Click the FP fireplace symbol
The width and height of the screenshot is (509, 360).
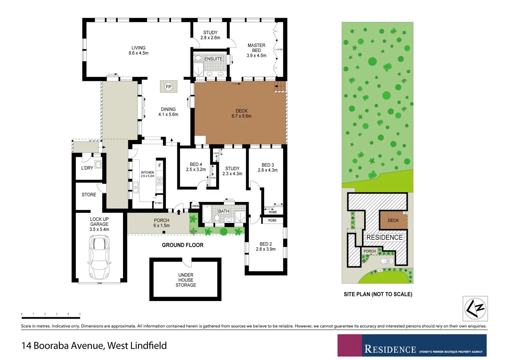pyautogui.click(x=168, y=87)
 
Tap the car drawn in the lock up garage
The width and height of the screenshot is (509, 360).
pyautogui.click(x=99, y=257)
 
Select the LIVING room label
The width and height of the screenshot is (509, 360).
pyautogui.click(x=138, y=50)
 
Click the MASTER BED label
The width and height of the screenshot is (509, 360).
pyautogui.click(x=256, y=50)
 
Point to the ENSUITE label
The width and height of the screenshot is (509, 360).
pyautogui.click(x=213, y=59)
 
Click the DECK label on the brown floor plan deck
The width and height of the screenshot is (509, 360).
pyautogui.click(x=241, y=113)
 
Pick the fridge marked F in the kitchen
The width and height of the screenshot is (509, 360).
pyautogui.click(x=160, y=166)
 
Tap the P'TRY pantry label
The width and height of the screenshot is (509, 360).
pyautogui.click(x=158, y=203)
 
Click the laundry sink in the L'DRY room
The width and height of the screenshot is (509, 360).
pyautogui.click(x=98, y=164)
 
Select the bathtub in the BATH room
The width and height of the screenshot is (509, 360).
pyautogui.click(x=207, y=214)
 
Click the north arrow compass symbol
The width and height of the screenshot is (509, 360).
pyautogui.click(x=475, y=308)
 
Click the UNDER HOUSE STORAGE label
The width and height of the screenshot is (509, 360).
pyautogui.click(x=186, y=280)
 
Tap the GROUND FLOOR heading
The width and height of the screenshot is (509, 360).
pyautogui.click(x=182, y=245)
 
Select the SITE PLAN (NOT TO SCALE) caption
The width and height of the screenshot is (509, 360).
pyautogui.click(x=378, y=294)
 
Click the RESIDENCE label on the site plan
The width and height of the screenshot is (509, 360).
pyautogui.click(x=384, y=237)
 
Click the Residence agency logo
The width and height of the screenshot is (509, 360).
pyautogui.click(x=412, y=346)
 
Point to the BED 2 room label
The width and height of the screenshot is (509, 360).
pyautogui.click(x=266, y=246)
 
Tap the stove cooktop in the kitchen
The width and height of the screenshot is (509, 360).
pyautogui.click(x=160, y=181)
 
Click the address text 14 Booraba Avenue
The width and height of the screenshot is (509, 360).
pyautogui.click(x=94, y=346)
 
